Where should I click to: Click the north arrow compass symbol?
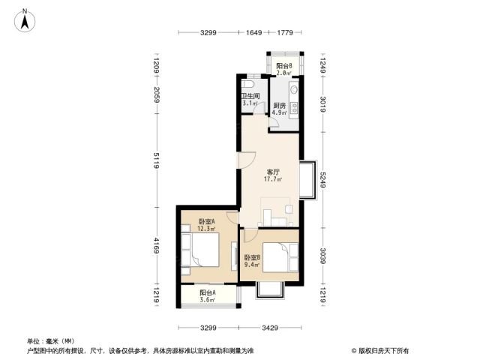pyautogui.click(x=25, y=20)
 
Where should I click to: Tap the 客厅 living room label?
pyautogui.click(x=273, y=172)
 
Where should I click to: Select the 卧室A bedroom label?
pyautogui.click(x=206, y=221)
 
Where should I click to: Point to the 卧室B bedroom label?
pyautogui.click(x=252, y=258)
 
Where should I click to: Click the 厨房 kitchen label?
pyautogui.click(x=280, y=106)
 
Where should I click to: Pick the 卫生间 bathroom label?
pyautogui.click(x=250, y=96)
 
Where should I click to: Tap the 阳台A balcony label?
pyautogui.click(x=208, y=292)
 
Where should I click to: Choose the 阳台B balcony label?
pyautogui.click(x=283, y=66)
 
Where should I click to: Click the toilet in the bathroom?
pyautogui.click(x=247, y=84)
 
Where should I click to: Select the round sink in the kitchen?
pyautogui.click(x=294, y=89)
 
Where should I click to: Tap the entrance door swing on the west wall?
pyautogui.click(x=247, y=160)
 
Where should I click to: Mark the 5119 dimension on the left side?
pyautogui.click(x=157, y=160)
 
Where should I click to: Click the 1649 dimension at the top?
pyautogui.click(x=253, y=32)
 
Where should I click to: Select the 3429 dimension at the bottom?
pyautogui.click(x=270, y=328)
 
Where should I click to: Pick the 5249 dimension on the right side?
pyautogui.click(x=323, y=180)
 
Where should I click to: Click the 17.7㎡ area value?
pyautogui.click(x=273, y=179)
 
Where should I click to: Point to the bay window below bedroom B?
pyautogui.click(x=270, y=289)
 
